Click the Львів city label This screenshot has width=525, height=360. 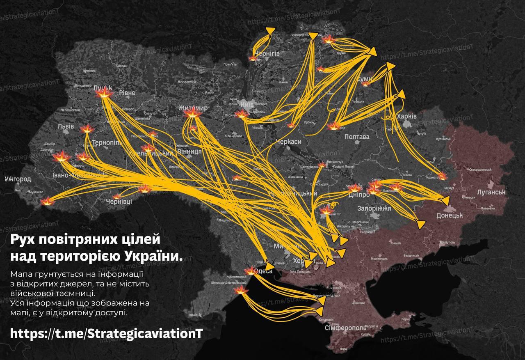point(66,126)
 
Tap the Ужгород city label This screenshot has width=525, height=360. point(18,179)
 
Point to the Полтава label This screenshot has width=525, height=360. point(357,137)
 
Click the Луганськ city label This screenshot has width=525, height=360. point(491,192)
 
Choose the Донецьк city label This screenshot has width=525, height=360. point(450,215)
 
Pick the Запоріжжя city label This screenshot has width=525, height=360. point(374,209)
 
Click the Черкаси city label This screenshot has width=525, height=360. point(289,141)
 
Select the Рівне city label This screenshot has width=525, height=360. point(127,93)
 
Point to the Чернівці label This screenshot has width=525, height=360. point(119,202)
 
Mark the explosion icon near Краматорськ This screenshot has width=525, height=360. point(442,176)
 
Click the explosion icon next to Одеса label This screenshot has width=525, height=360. point(250,271)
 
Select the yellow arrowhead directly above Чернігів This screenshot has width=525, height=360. point(270,30)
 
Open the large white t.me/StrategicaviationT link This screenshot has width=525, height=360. point(106,332)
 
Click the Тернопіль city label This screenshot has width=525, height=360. point(106,142)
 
